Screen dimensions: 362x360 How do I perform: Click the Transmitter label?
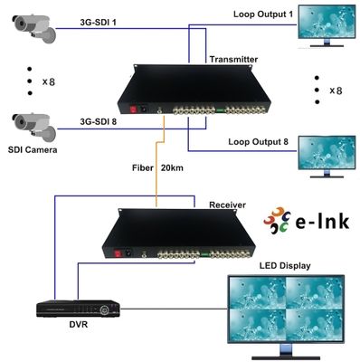pos(233,59)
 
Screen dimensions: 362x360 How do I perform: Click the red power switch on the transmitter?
pos(137,109)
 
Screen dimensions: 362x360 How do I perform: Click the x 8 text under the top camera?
pos(45,82)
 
